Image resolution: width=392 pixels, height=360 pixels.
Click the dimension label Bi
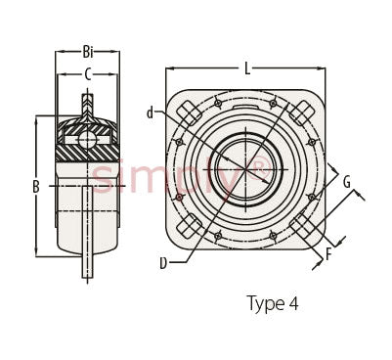88,52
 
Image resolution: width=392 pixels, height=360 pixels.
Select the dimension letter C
88,74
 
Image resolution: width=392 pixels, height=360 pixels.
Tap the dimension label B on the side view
36,187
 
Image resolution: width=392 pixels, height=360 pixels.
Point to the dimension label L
247,68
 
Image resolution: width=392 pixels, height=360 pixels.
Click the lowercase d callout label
150,112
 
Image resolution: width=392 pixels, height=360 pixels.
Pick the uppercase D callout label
163,263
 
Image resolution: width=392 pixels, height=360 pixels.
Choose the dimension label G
347,182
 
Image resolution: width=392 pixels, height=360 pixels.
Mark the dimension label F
328,254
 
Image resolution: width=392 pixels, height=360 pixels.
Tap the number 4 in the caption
293,303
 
